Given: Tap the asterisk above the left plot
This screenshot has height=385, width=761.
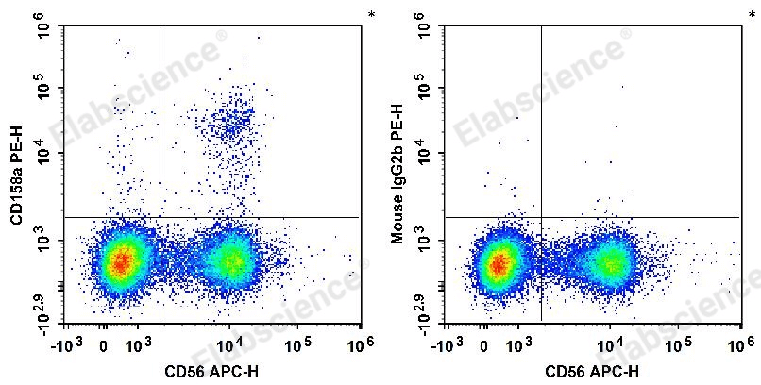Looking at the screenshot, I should (371, 15).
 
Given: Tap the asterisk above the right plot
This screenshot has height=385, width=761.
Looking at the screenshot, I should (752, 15).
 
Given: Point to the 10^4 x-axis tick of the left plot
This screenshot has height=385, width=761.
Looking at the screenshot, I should (231, 341).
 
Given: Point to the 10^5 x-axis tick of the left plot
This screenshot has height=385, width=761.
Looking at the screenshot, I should (298, 341).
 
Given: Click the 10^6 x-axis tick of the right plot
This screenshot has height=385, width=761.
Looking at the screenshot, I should (740, 341).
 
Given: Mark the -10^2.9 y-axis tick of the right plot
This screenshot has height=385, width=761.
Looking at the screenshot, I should (425, 308).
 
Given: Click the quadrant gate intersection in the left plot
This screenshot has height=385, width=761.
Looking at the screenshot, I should (161, 218).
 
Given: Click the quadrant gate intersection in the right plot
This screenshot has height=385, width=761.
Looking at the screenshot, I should (542, 218).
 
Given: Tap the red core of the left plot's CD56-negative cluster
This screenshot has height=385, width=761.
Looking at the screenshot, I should (120, 262).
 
